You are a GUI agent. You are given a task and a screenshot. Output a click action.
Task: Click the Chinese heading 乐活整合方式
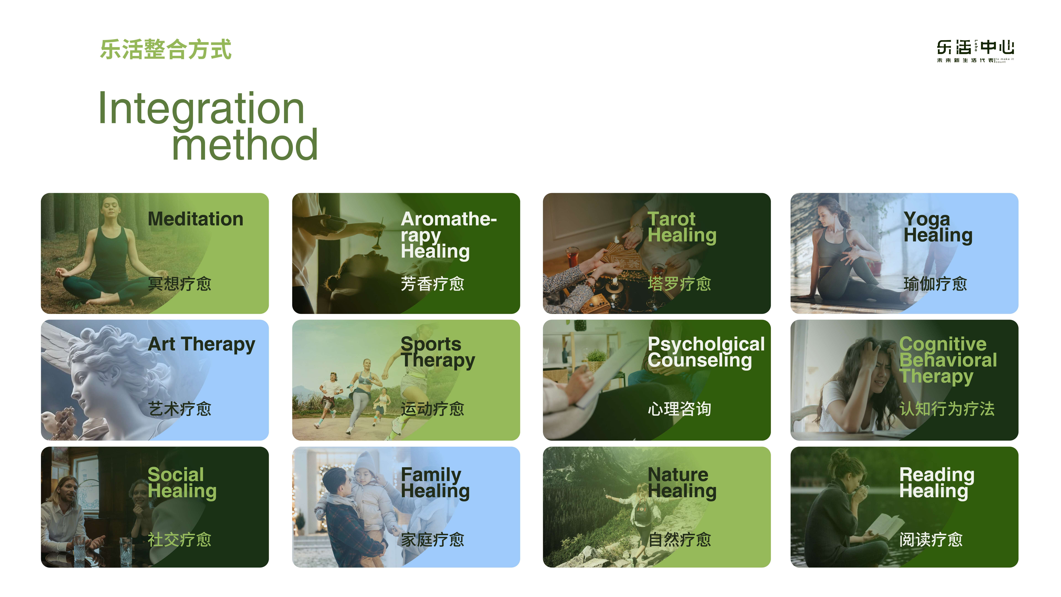tap(166, 49)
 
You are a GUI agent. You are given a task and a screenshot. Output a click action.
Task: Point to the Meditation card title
tap(195, 219)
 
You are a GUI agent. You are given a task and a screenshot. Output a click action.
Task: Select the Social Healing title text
tap(182, 483)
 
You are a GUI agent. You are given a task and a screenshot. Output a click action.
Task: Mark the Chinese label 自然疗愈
tap(680, 540)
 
